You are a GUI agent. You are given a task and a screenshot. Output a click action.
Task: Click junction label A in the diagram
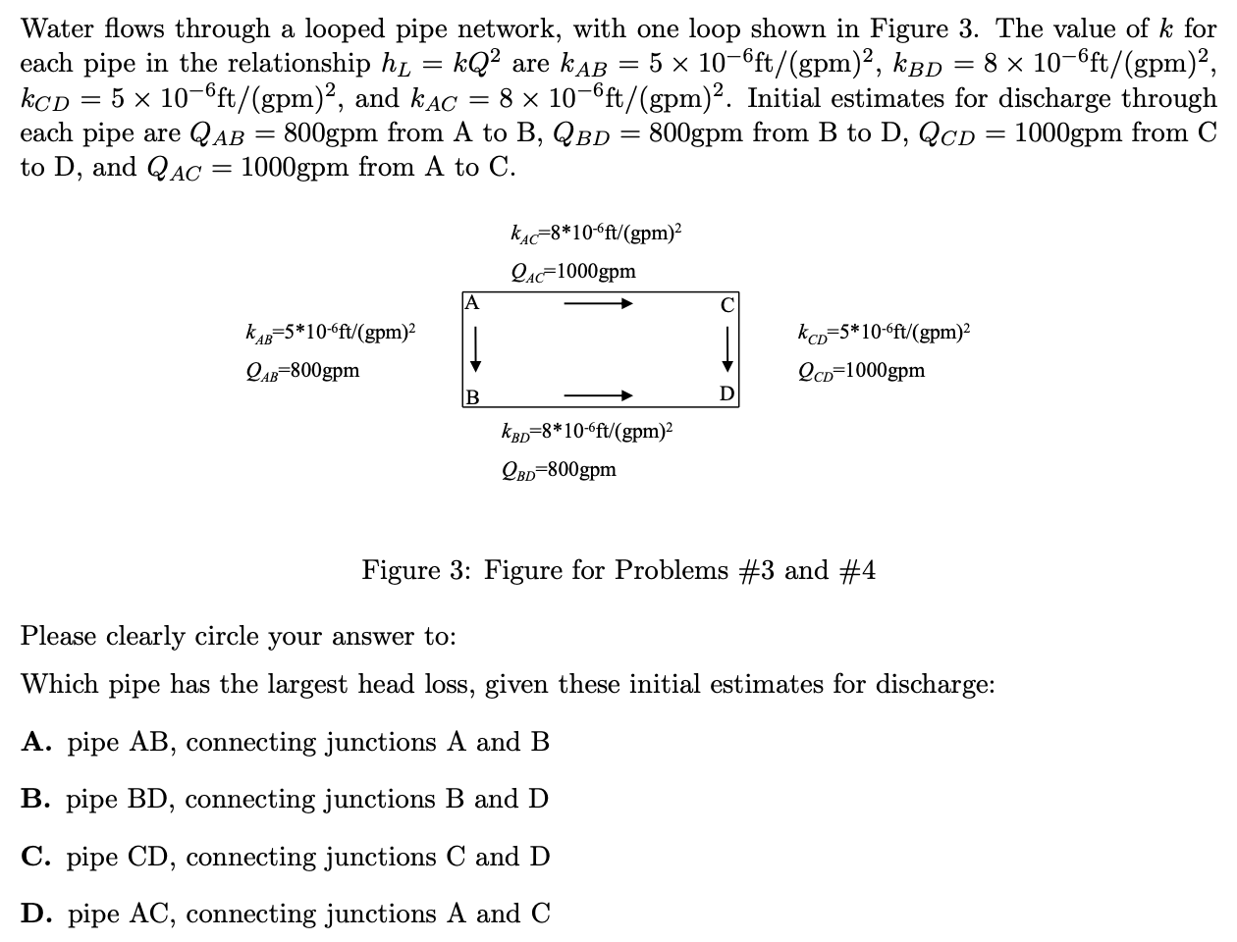pyautogui.click(x=472, y=302)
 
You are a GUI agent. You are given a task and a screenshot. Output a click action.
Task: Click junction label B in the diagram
pyautogui.click(x=472, y=396)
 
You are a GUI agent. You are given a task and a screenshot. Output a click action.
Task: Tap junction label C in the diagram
pyautogui.click(x=726, y=304)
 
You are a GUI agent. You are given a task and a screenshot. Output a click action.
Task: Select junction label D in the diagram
pyautogui.click(x=726, y=394)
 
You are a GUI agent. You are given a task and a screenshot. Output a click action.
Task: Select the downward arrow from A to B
pyautogui.click(x=475, y=349)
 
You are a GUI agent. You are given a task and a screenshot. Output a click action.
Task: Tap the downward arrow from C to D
pyautogui.click(x=727, y=349)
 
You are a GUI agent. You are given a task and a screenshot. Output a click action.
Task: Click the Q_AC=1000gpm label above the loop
pyautogui.click(x=573, y=272)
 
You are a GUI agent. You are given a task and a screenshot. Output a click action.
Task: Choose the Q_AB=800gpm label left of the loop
pyautogui.click(x=302, y=371)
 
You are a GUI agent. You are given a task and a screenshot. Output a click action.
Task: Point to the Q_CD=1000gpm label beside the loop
pyautogui.click(x=861, y=371)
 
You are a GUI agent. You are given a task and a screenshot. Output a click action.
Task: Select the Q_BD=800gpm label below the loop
pyautogui.click(x=559, y=469)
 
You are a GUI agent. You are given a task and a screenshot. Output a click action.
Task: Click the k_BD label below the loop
pyautogui.click(x=586, y=431)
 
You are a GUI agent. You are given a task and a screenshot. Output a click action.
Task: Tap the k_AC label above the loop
pyautogui.click(x=596, y=234)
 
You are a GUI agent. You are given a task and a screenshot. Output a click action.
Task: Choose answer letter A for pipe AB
pyautogui.click(x=35, y=742)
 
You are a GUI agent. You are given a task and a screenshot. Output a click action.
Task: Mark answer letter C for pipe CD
pyautogui.click(x=35, y=857)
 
